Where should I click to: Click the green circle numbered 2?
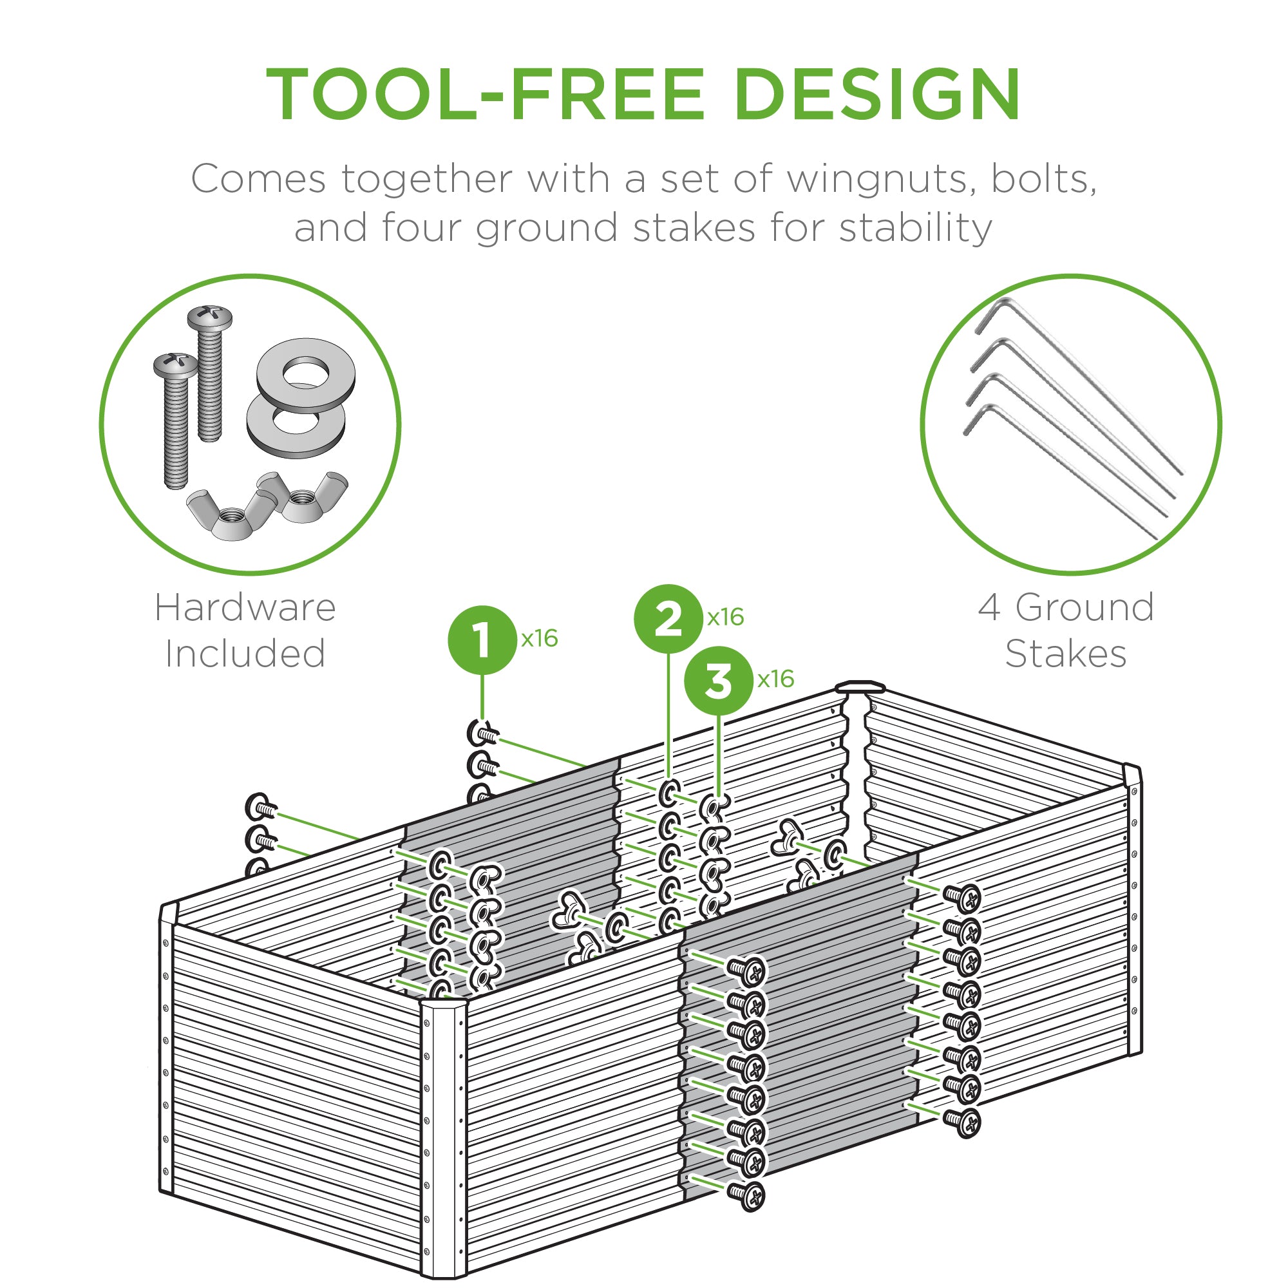668,619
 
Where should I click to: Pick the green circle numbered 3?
719,681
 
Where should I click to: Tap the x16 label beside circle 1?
539,639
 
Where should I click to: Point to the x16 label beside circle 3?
775,679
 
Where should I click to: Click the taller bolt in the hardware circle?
209,374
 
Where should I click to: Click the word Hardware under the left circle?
245,608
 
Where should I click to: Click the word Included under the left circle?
245,653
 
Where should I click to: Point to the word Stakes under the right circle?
1065,653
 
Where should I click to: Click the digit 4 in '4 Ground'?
989,608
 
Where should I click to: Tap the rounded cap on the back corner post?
860,687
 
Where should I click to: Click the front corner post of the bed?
442,1133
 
